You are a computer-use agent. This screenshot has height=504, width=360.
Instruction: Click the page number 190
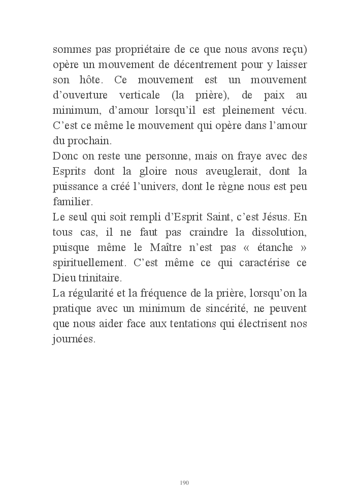coord(184,482)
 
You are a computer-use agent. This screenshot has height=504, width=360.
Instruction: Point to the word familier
coord(72,200)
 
